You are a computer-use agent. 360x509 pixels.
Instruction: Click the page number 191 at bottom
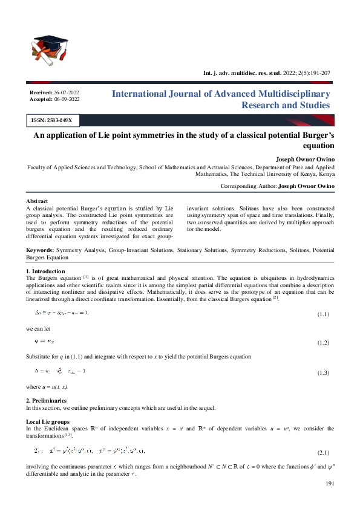point(330,484)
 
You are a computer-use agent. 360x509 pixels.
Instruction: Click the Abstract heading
point(37,201)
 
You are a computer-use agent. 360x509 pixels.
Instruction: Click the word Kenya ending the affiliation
point(325,173)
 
